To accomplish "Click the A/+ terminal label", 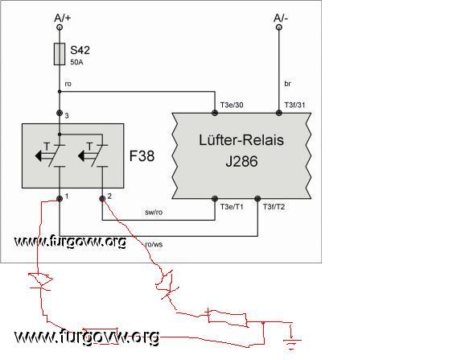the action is click(63, 18).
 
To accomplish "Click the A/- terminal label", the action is click(281, 18).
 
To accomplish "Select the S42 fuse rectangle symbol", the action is click(60, 54).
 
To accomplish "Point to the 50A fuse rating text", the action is click(76, 63).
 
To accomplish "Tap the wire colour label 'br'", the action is click(288, 84).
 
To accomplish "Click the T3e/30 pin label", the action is click(232, 105).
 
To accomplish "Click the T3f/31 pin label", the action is click(294, 105).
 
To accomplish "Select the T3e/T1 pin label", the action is click(232, 207).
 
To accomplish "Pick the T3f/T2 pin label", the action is click(274, 207).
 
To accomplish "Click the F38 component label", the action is click(142, 156).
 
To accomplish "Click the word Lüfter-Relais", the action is click(241, 140).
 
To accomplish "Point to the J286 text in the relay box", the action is click(242, 161).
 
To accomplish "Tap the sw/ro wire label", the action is click(154, 212).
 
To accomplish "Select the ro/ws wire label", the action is click(154, 244).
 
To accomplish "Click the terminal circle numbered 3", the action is click(60, 113).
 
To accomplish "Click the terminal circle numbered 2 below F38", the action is click(102, 199).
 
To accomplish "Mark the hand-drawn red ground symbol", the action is click(291, 337).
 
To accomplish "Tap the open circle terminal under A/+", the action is click(60, 27).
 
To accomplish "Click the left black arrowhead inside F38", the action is click(39, 156).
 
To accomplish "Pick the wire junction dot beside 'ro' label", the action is click(60, 92).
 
